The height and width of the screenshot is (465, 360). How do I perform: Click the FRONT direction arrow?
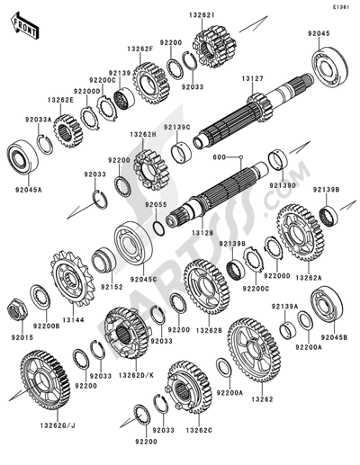[24, 25]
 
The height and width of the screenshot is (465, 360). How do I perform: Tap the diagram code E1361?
[340, 7]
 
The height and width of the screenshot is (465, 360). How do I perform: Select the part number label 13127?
[253, 78]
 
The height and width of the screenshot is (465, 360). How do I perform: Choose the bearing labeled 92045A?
[22, 156]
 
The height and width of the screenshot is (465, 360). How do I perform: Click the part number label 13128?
[202, 233]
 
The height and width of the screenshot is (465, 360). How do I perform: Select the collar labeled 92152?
[104, 260]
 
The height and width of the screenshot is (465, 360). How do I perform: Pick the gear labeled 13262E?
[67, 131]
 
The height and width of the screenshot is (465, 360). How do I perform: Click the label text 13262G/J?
[58, 425]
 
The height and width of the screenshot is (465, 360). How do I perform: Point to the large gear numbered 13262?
[254, 350]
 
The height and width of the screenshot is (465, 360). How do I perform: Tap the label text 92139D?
[283, 186]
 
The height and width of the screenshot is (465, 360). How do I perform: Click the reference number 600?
[220, 156]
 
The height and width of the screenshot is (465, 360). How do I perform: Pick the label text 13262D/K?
[136, 375]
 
